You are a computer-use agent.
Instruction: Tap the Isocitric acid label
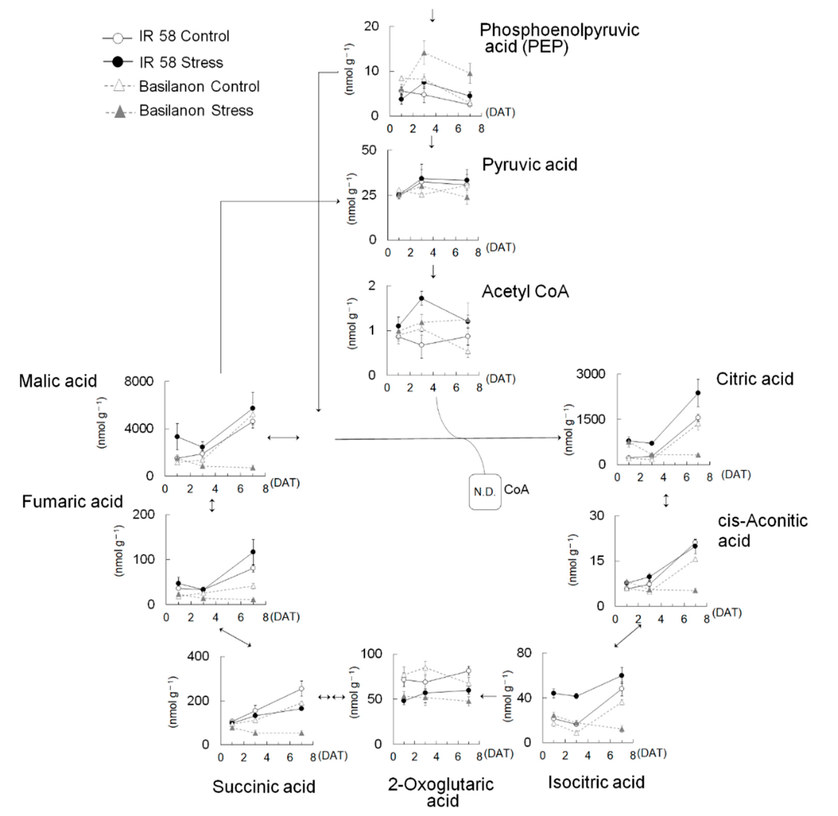point(596,782)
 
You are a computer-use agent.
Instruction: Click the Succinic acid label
point(264,787)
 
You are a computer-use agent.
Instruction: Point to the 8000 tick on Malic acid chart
point(138,381)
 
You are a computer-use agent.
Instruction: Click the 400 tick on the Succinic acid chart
point(198,656)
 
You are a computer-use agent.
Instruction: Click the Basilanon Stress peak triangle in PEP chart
point(424,53)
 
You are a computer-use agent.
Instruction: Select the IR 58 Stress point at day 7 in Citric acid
point(698,392)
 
